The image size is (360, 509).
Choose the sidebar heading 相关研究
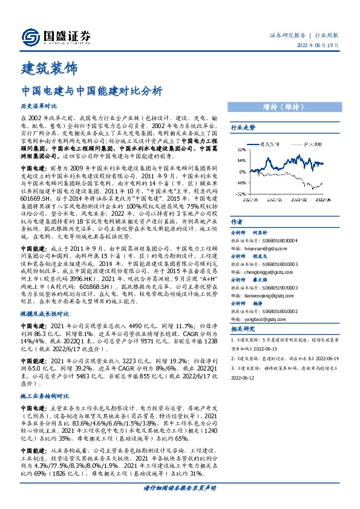(x=243, y=329)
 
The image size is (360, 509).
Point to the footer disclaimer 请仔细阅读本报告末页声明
(x=179, y=503)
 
